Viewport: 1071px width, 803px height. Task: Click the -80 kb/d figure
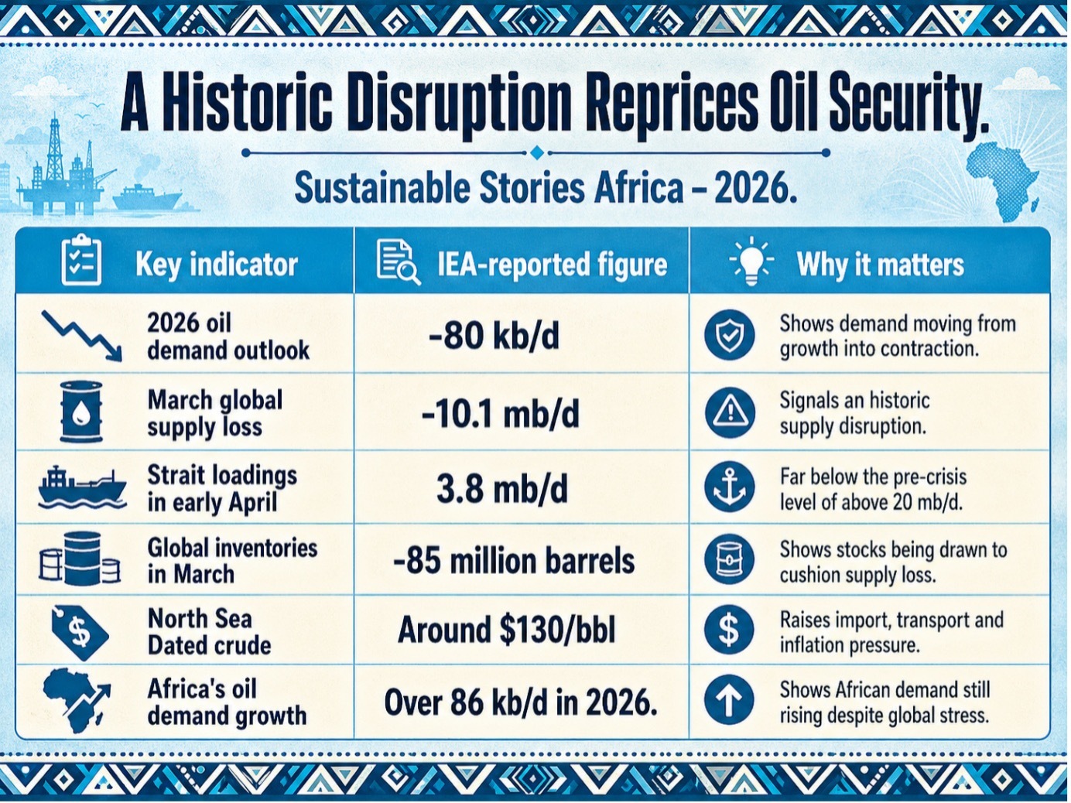(x=494, y=336)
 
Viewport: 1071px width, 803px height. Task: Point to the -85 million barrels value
(x=514, y=561)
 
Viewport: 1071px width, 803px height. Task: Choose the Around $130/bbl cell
(x=506, y=630)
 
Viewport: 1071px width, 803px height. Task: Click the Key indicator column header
(x=217, y=265)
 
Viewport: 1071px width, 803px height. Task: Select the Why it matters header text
(x=880, y=265)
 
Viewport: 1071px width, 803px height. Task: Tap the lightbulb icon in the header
(x=751, y=261)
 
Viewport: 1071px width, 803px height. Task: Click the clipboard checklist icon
(x=81, y=260)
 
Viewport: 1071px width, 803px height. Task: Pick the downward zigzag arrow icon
(x=82, y=336)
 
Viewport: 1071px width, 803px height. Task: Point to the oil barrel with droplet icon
(x=81, y=412)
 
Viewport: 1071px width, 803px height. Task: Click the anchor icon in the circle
(x=730, y=487)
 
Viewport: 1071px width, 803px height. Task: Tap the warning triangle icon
(x=730, y=413)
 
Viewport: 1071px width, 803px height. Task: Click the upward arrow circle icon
(x=729, y=701)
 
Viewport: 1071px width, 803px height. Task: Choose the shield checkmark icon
(x=729, y=334)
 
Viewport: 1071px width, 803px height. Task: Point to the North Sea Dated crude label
(x=209, y=632)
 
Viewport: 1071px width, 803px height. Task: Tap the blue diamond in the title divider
(x=537, y=152)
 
